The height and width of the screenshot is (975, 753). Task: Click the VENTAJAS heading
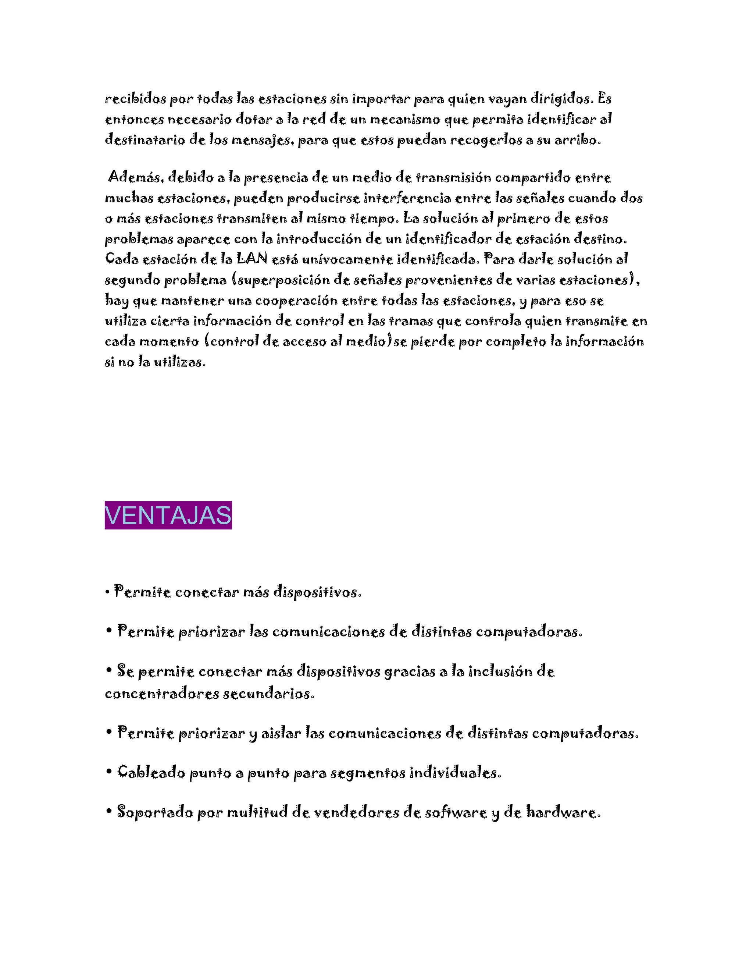point(168,515)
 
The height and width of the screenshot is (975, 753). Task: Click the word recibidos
point(135,99)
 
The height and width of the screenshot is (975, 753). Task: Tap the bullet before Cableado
point(109,772)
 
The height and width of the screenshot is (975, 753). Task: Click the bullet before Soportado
point(109,812)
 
